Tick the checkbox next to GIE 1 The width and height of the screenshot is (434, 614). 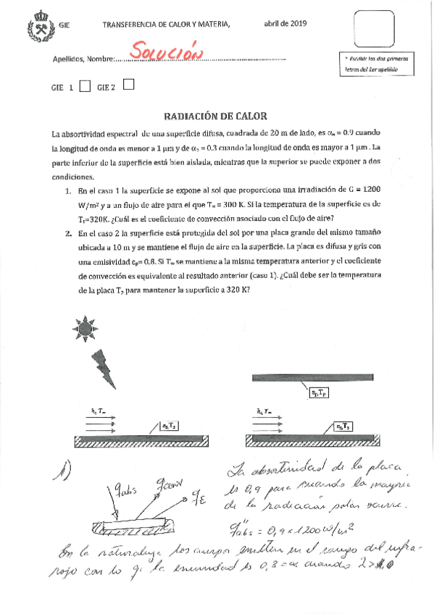85,87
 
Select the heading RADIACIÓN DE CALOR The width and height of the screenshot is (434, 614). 216,115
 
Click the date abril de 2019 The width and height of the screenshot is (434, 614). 285,24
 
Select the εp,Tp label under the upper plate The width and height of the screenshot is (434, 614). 318,393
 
